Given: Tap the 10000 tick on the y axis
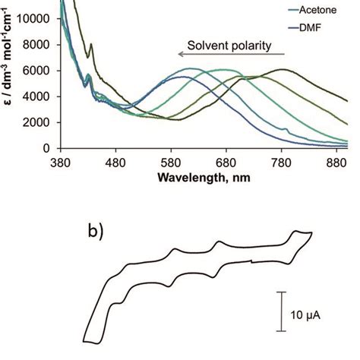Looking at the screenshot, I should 36,17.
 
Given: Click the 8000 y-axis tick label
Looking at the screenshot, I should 38,44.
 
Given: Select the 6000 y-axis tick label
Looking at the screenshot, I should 38,70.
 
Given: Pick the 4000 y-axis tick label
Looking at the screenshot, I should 38,96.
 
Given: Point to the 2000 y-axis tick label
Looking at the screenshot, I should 38,122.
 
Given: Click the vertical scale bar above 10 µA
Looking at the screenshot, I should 280,311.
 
